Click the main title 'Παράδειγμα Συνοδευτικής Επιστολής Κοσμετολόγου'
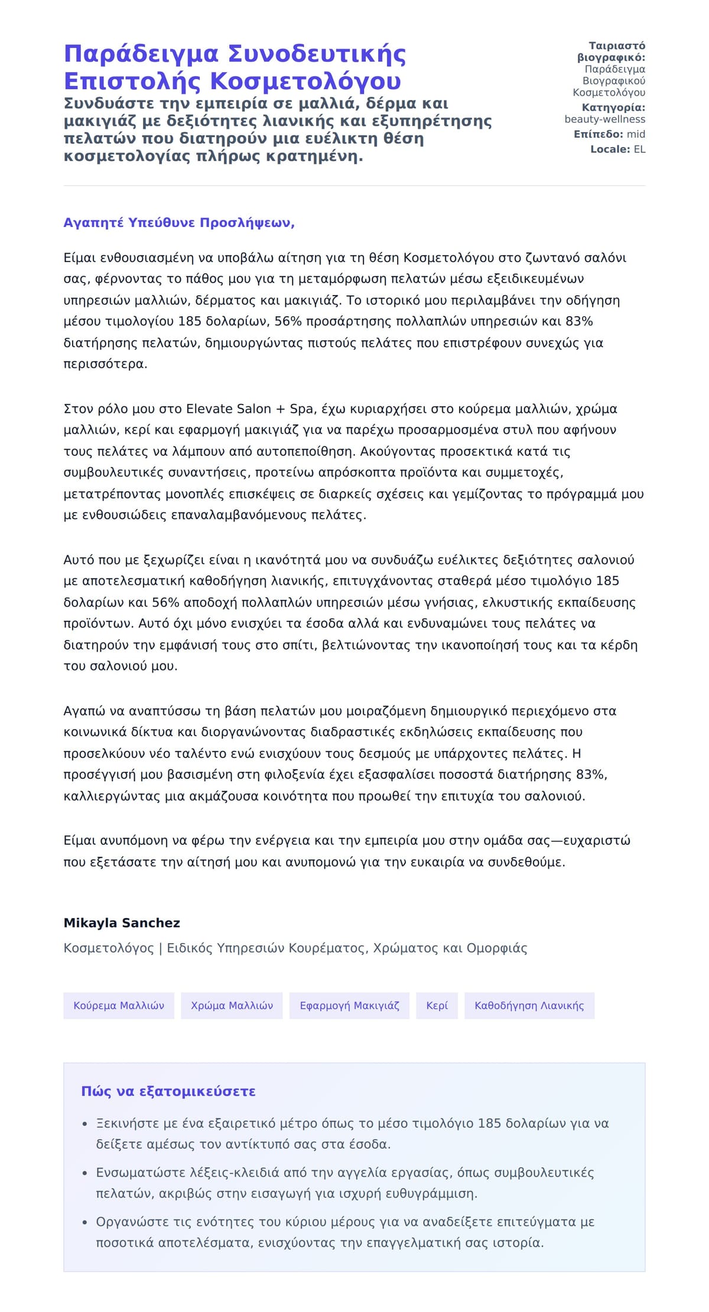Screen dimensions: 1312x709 point(235,67)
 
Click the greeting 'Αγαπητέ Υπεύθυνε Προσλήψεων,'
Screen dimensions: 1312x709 point(179,223)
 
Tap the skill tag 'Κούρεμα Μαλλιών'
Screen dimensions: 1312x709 point(119,1006)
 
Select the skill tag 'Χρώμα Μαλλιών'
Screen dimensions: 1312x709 point(232,1006)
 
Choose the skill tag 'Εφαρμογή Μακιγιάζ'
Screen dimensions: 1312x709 point(349,1006)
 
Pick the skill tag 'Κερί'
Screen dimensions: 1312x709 point(437,1006)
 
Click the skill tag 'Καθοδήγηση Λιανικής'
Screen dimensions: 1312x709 point(529,1006)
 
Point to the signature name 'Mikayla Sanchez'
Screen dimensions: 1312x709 point(122,923)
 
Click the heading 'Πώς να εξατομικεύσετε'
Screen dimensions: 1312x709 point(168,1091)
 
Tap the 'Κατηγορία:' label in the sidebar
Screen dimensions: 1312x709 point(613,108)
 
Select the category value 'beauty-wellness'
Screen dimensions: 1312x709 point(604,119)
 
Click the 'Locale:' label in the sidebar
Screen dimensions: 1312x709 point(610,150)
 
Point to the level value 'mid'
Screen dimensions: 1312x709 point(636,134)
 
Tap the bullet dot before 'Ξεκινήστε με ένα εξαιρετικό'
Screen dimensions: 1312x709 point(85,1124)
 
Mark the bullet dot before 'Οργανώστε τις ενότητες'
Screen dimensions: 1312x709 point(85,1222)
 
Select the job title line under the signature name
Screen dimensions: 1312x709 point(295,948)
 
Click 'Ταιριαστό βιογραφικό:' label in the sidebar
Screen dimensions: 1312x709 point(611,51)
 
